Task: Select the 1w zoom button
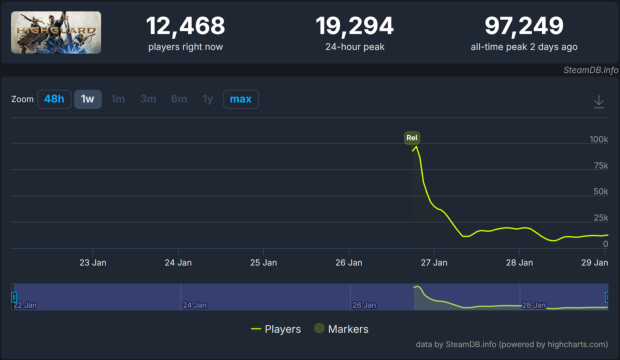point(88,99)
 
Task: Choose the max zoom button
point(240,99)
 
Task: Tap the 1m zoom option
point(118,99)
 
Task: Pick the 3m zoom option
point(148,99)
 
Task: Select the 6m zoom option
point(179,99)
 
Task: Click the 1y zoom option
point(208,99)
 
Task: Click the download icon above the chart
point(599,101)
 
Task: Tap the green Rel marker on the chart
point(411,136)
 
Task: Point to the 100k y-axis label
point(598,139)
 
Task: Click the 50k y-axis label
point(600,191)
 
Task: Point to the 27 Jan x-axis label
point(433,263)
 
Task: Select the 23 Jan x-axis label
point(93,263)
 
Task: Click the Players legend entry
point(279,328)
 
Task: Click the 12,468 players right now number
point(185,25)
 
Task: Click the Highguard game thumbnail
point(56,33)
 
